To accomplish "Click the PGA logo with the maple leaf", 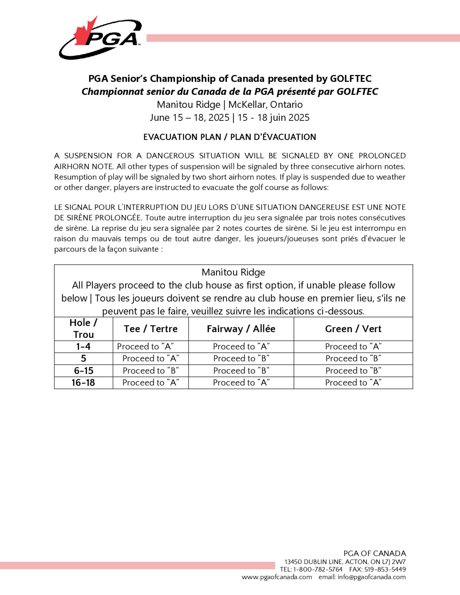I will [100, 38].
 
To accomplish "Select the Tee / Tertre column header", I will [150, 329].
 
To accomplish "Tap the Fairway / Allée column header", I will [241, 329].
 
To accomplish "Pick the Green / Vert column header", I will [353, 329].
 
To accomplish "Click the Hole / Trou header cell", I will [83, 329].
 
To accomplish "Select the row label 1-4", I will [83, 346].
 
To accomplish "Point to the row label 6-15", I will [83, 371].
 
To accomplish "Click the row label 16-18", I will [83, 383].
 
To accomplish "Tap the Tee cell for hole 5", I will [151, 358].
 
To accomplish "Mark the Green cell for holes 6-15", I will [353, 371].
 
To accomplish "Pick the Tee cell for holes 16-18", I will [151, 383].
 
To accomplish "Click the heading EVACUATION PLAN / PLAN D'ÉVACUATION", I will [230, 137].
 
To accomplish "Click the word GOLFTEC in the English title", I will [351, 79].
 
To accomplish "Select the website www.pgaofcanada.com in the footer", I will [277, 577].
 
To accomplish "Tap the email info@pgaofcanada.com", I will [371, 577].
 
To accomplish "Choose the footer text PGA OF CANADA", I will [375, 554].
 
